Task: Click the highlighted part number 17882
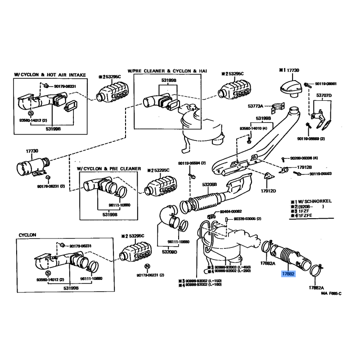[288, 274]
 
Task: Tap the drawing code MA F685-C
[331, 293]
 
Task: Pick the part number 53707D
[323, 95]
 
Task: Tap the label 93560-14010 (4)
[253, 129]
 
